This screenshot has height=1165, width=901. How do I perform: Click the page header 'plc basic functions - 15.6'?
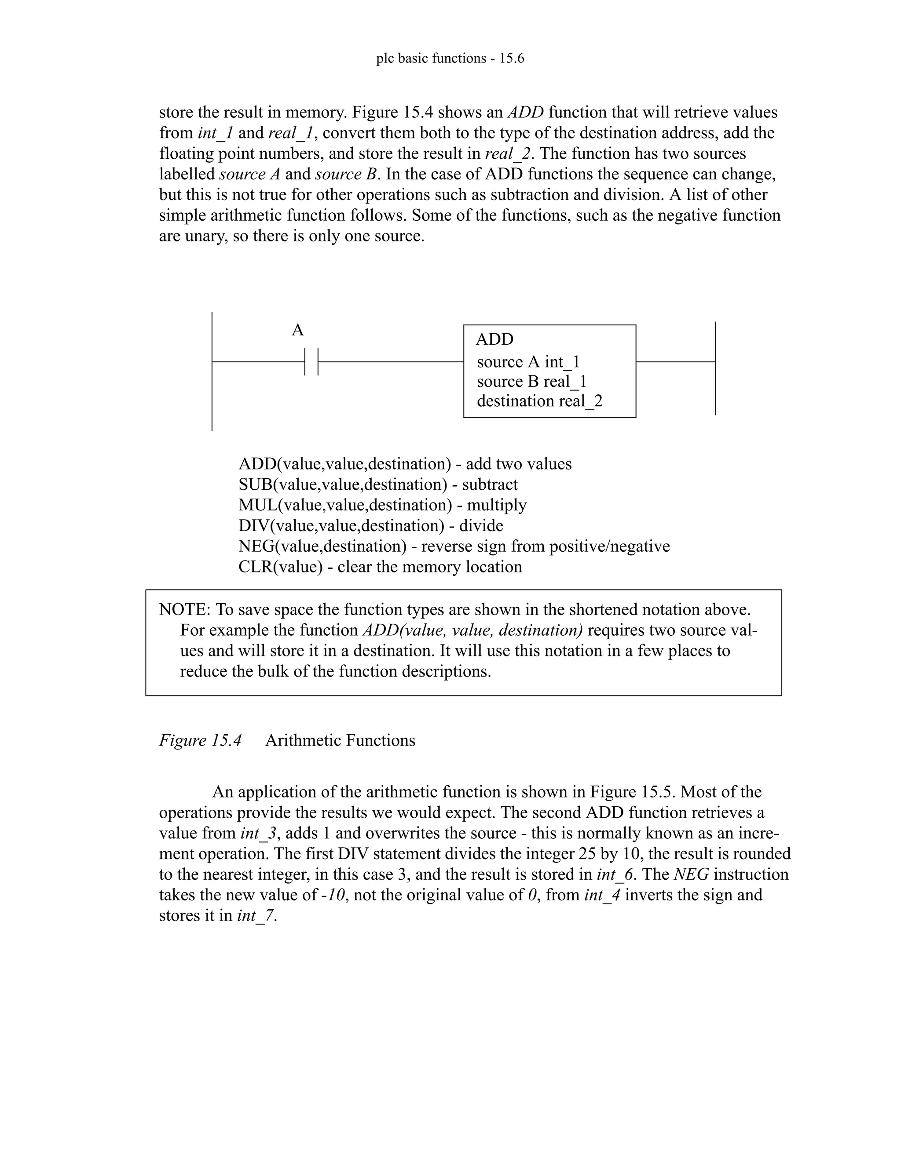(x=450, y=58)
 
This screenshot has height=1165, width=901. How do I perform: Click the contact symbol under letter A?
(x=311, y=362)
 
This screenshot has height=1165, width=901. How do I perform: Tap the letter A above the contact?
(x=298, y=330)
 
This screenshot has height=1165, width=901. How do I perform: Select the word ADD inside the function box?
(x=494, y=339)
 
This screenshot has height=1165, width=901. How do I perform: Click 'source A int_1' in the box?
(x=528, y=362)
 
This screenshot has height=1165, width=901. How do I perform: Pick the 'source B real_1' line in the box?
(x=531, y=382)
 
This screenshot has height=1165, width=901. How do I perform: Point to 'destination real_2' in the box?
(x=540, y=401)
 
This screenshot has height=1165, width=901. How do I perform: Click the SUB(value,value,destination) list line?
(x=378, y=484)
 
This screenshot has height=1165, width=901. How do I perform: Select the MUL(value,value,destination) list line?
(x=382, y=505)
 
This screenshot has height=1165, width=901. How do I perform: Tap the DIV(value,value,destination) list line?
(x=370, y=526)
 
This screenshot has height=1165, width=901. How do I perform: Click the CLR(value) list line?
(x=380, y=567)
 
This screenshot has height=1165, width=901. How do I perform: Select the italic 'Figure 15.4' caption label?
(x=200, y=740)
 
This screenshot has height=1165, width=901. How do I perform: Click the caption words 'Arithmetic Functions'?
(x=340, y=740)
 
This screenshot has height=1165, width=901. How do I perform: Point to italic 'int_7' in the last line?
(x=256, y=916)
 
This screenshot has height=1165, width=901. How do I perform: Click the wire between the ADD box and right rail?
(x=675, y=362)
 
